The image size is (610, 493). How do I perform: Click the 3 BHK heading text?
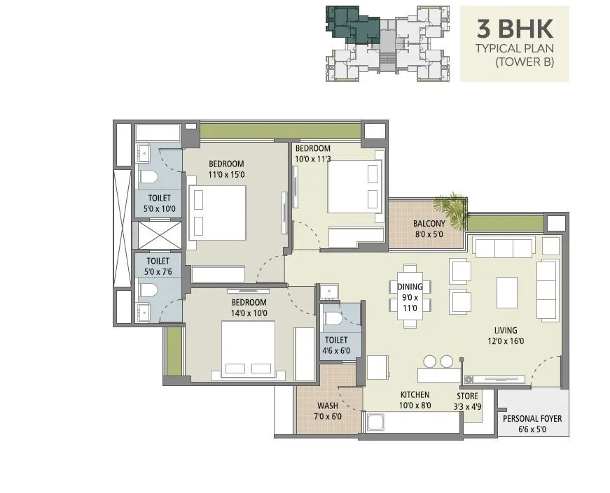515,29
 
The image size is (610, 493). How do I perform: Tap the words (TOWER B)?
524,62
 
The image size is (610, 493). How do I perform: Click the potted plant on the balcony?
451,208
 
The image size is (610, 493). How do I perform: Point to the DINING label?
410,286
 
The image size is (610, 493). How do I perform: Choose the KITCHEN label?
415,395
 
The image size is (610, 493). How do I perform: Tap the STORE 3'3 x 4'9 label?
469,401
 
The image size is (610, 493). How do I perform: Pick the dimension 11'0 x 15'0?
226,175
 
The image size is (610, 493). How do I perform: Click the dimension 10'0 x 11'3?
312,159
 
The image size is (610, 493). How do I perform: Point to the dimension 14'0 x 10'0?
249,313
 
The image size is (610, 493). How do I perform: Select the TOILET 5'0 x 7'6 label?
157,266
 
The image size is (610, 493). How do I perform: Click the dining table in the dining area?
410,294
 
